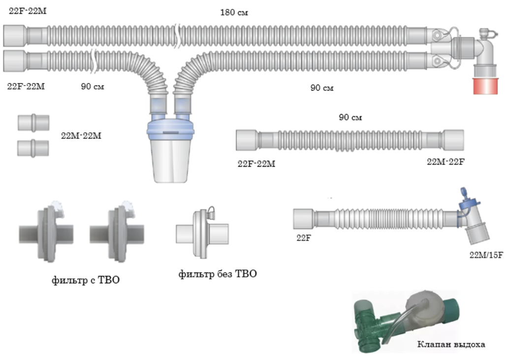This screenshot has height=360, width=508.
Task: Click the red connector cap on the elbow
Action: [485, 86]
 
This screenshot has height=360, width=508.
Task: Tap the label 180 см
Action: [234, 13]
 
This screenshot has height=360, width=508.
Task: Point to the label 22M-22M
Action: [81, 136]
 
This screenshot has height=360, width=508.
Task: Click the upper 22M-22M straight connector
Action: [33, 122]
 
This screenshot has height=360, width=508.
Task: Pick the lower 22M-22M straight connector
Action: [33, 148]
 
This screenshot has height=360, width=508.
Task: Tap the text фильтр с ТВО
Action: [86, 280]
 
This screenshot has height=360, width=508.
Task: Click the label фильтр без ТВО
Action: [218, 274]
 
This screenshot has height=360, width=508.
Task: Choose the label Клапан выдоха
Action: [451, 344]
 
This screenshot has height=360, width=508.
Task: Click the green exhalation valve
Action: [405, 321]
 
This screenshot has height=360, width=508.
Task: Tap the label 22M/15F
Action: [486, 255]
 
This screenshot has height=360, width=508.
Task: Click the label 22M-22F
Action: [445, 162]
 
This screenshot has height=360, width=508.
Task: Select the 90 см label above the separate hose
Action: [350, 117]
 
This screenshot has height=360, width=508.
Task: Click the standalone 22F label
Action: [304, 238]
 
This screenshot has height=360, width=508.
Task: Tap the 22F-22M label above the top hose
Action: [28, 11]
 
